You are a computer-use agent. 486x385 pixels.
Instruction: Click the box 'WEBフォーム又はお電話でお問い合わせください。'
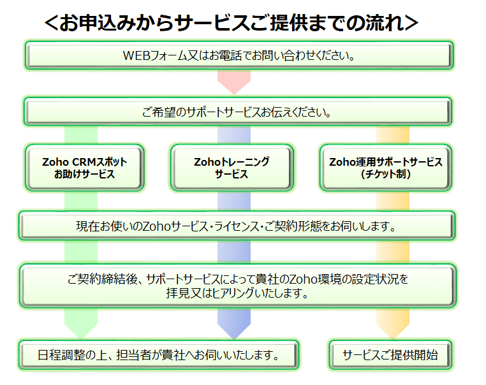(x=239, y=55)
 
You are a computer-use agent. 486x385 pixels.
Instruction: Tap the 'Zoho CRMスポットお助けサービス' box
(x=85, y=168)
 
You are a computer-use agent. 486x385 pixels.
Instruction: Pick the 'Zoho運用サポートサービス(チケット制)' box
(x=385, y=168)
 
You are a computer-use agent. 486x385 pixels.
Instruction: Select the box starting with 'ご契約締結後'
(x=239, y=286)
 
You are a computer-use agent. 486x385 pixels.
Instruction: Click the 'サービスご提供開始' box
(x=390, y=354)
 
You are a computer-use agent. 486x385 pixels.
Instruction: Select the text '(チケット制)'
(x=385, y=174)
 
